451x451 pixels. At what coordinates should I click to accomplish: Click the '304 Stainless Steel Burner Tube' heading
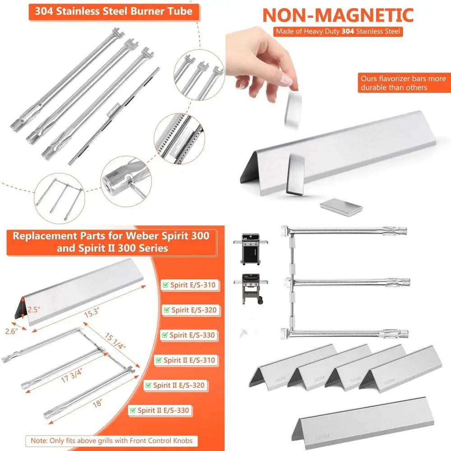pos(114,11)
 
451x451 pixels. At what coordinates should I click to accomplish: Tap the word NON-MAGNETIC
pos(338,15)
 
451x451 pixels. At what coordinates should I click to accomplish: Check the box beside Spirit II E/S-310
pos(159,360)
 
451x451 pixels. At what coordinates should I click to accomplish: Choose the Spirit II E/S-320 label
pos(177,385)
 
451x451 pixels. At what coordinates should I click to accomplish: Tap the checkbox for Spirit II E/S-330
pos(133,410)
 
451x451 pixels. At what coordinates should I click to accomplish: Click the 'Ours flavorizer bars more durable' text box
pos(403,83)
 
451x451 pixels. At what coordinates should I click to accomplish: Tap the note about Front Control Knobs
pos(111,440)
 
